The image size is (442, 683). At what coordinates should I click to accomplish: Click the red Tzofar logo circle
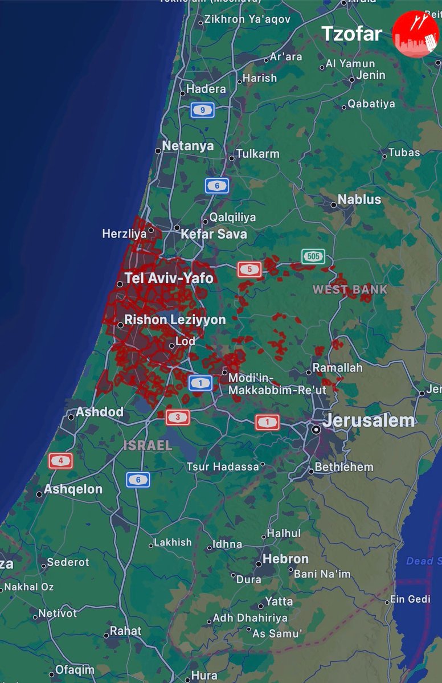[x=415, y=34]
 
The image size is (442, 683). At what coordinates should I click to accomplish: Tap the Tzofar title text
[x=351, y=34]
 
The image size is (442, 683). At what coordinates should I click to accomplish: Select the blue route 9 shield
[x=202, y=109]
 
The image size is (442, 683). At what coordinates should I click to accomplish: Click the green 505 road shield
[x=313, y=256]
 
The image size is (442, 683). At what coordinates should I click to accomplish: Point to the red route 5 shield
[x=249, y=269]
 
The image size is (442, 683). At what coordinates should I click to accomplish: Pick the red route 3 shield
[x=177, y=418]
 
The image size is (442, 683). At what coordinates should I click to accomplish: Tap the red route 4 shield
[x=60, y=460]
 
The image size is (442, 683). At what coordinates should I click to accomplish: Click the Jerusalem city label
[x=369, y=421]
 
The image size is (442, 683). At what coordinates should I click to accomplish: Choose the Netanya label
[x=188, y=146]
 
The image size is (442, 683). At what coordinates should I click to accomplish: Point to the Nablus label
[x=359, y=199]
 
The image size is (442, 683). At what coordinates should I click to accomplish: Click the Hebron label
[x=285, y=559]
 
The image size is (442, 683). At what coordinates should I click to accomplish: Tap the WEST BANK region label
[x=350, y=289]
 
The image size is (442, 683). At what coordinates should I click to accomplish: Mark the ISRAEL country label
[x=148, y=445]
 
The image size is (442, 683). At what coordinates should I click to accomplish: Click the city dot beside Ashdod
[x=71, y=417]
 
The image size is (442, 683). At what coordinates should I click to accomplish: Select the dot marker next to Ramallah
[x=309, y=372]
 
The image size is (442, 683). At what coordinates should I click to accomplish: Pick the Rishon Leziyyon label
[x=175, y=320]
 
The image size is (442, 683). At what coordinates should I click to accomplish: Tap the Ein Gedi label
[x=410, y=599]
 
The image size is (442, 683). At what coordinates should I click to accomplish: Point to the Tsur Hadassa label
[x=223, y=467]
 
